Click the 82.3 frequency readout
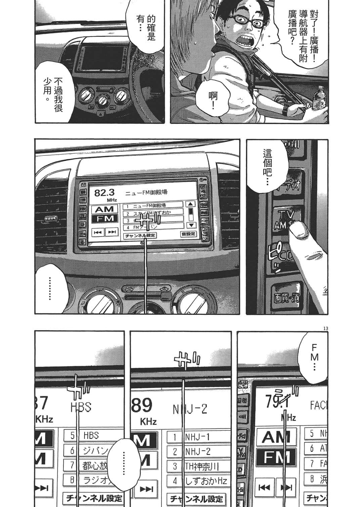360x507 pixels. pyautogui.click(x=104, y=193)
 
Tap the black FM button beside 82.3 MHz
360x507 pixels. pyautogui.click(x=105, y=219)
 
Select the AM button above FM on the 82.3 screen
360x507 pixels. pyautogui.click(x=105, y=210)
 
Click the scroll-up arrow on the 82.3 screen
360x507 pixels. pyautogui.click(x=190, y=204)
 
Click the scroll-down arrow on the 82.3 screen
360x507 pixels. pyautogui.click(x=190, y=225)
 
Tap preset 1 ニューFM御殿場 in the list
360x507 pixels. pyautogui.click(x=153, y=205)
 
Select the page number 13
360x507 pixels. pyautogui.click(x=324, y=328)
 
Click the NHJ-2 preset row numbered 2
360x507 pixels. pyautogui.click(x=198, y=452)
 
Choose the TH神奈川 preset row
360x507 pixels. pyautogui.click(x=198, y=466)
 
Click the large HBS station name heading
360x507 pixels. pyautogui.click(x=81, y=407)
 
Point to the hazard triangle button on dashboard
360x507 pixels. pyautogui.click(x=100, y=113)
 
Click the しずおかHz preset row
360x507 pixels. pyautogui.click(x=198, y=480)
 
